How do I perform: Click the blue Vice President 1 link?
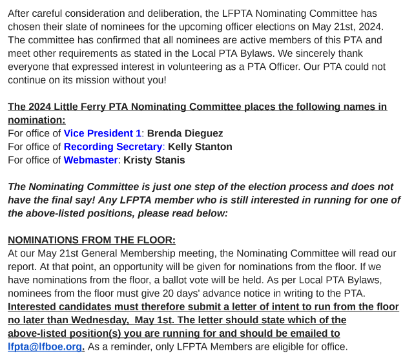tap(102, 133)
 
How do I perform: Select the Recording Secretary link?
tap(113, 147)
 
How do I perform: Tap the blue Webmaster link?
tap(90, 160)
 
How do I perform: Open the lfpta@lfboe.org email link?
tap(46, 346)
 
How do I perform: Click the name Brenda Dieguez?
tap(185, 133)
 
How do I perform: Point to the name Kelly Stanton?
tap(200, 147)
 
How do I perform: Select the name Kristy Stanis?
tap(154, 160)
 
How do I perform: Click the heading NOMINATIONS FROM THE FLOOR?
tap(92, 240)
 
